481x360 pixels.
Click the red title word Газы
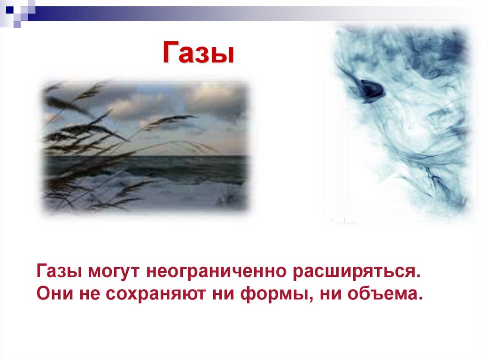[x=198, y=53]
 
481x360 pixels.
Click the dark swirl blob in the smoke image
[x=371, y=89]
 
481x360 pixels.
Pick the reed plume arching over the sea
[x=169, y=120]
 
